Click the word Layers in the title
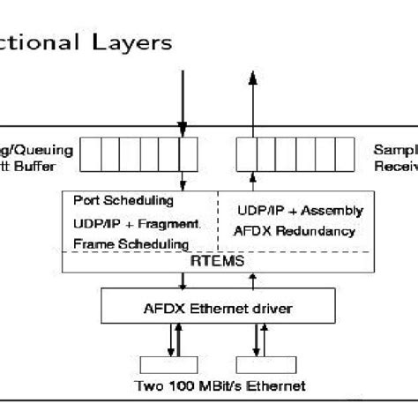138,41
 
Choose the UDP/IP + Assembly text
300,211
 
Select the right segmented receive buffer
287,153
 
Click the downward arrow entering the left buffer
183,101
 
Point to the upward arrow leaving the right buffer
253,106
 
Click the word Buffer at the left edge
31,165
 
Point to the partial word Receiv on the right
395,165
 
